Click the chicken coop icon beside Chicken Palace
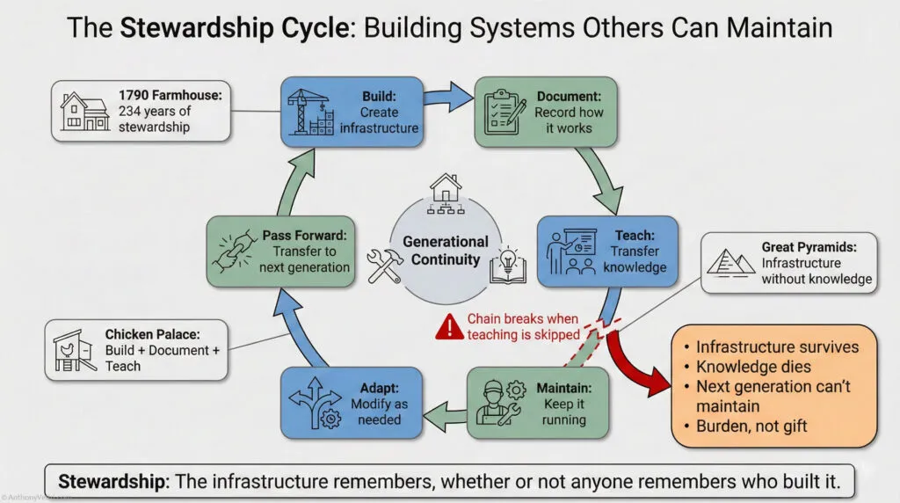point(76,349)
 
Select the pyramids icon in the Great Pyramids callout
point(734,260)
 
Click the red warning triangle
point(450,327)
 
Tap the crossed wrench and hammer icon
point(385,263)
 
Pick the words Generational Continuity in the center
point(445,251)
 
